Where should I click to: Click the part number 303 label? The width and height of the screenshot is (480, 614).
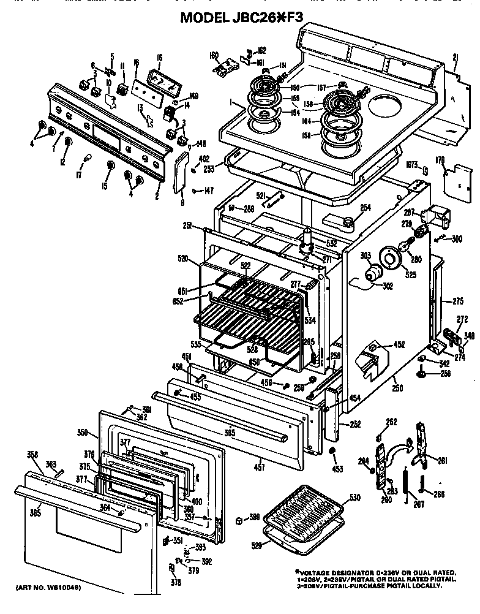click(366, 255)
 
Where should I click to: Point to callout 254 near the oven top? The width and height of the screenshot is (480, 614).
click(365, 208)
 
